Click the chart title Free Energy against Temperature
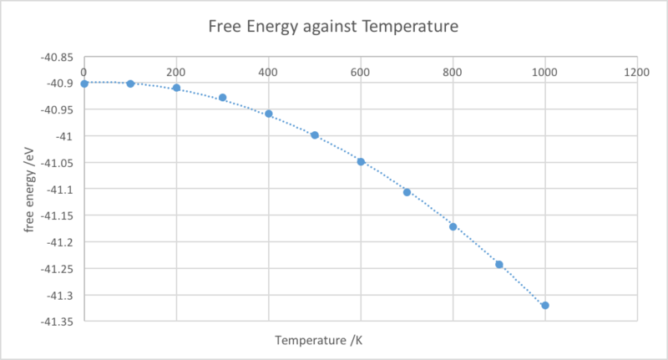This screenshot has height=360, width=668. click(333, 27)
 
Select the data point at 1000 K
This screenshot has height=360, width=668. click(545, 306)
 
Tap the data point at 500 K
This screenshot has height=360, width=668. click(315, 134)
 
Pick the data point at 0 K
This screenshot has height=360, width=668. click(84, 84)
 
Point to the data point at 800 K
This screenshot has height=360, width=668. click(453, 226)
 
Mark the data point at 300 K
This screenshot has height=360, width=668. click(222, 98)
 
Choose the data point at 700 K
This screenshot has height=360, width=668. click(407, 192)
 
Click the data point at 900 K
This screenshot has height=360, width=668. click(499, 264)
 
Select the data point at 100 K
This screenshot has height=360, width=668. click(130, 84)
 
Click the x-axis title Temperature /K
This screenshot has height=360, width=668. click(318, 340)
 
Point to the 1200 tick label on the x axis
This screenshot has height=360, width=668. click(637, 73)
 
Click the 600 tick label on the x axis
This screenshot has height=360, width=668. click(361, 73)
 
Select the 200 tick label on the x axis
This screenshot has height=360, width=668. click(176, 73)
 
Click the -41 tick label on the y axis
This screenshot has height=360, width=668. click(65, 135)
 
